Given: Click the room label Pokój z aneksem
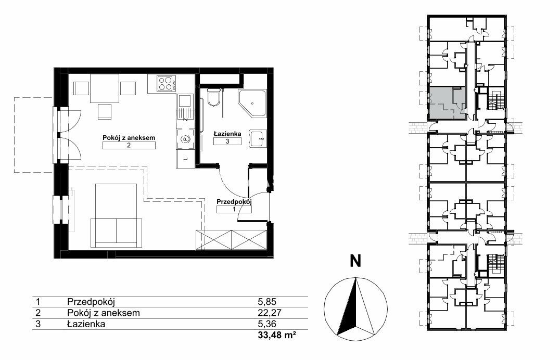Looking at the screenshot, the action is coord(129,137).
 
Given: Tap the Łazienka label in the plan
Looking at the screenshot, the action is coord(227,134).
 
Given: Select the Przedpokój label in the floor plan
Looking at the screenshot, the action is coord(234,202).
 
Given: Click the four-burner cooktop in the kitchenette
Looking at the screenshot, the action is coord(167,84).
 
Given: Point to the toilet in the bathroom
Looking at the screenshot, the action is coord(213,97).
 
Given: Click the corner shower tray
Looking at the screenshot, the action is coord(252,104).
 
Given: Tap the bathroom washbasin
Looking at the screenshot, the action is coord(258,138).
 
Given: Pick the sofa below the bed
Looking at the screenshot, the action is coord(117,233).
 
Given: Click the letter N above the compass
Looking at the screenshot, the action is coord(355,261).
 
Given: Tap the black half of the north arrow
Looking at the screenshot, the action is coord(348,310).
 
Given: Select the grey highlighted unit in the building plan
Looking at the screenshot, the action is coord(447,103).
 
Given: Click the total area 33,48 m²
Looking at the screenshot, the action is coord(277,336).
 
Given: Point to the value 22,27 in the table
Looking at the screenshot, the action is coord(270,313).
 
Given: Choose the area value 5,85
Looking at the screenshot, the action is coord(267,302).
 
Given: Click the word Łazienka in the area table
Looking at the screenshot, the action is coord(86,324).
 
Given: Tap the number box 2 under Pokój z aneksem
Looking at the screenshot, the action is coord(129,145).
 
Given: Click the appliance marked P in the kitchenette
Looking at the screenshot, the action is coord(185,138).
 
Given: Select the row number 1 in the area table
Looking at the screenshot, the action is coord(37,302).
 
